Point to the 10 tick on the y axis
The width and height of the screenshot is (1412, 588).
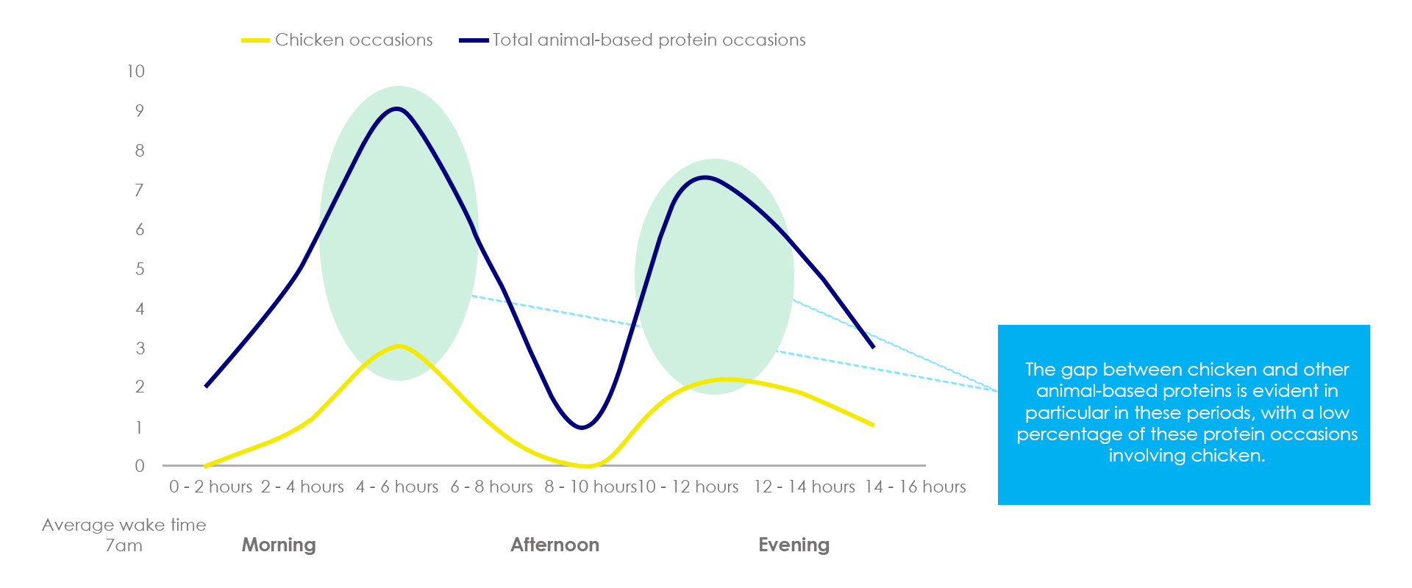pyautogui.click(x=136, y=71)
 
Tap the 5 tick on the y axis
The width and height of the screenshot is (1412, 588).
pyautogui.click(x=140, y=269)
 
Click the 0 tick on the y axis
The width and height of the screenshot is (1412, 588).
pyautogui.click(x=140, y=466)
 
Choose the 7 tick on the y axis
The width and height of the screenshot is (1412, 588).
pyautogui.click(x=140, y=190)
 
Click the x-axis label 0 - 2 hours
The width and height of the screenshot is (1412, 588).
pyautogui.click(x=210, y=487)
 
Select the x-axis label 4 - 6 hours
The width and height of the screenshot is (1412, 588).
pyautogui.click(x=397, y=487)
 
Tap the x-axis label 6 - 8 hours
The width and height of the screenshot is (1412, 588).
pyautogui.click(x=491, y=487)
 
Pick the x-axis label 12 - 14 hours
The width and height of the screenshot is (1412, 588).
pyautogui.click(x=804, y=487)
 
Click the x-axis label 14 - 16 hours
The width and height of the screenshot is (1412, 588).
pyautogui.click(x=915, y=487)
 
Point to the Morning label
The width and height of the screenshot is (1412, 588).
pyautogui.click(x=279, y=545)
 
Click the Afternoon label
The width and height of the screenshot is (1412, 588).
pyautogui.click(x=555, y=545)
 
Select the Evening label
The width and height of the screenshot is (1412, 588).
pyautogui.click(x=794, y=545)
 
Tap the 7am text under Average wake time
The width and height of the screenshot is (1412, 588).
pyautogui.click(x=124, y=545)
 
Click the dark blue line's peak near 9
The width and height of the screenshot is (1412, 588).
pyautogui.click(x=398, y=109)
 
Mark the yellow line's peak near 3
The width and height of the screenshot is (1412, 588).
pyautogui.click(x=399, y=345)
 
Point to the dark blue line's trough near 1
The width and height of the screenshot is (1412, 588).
pyautogui.click(x=583, y=427)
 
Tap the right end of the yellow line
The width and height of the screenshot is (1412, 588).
pyautogui.click(x=873, y=425)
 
